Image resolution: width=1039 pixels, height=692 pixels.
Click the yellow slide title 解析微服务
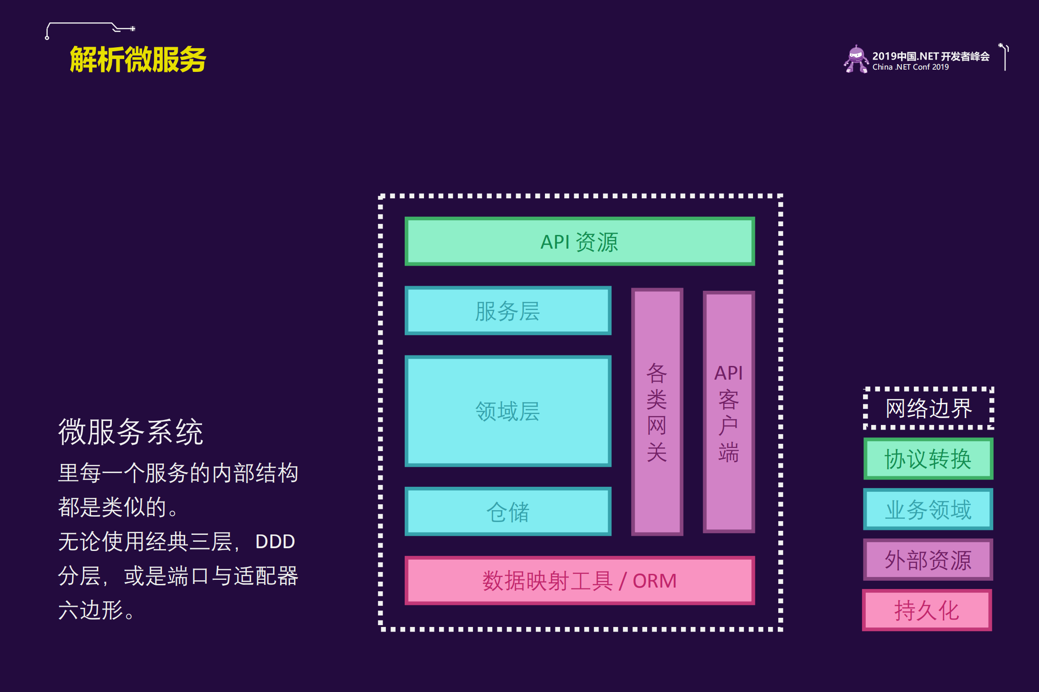pyautogui.click(x=138, y=60)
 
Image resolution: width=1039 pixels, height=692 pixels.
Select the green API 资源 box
pyautogui.click(x=579, y=241)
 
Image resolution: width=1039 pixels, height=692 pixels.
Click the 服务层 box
pyautogui.click(x=508, y=311)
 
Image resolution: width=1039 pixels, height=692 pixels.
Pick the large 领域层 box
pyautogui.click(x=508, y=411)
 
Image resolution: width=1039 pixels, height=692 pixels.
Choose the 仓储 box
pyautogui.click(x=508, y=512)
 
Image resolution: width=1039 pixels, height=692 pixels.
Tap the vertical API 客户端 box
pyautogui.click(x=729, y=412)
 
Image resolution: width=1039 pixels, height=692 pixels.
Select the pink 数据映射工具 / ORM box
pyautogui.click(x=579, y=581)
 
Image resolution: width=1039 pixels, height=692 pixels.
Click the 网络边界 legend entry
pyautogui.click(x=929, y=408)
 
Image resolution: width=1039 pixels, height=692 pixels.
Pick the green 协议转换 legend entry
pyautogui.click(x=928, y=459)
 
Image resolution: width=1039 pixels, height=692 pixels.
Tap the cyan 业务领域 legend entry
pyautogui.click(x=928, y=509)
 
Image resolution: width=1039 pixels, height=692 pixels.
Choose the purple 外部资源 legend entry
pyautogui.click(x=928, y=560)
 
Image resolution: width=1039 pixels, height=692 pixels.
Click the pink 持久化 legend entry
pyautogui.click(x=927, y=610)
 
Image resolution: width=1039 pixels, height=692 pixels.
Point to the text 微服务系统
pyautogui.click(x=131, y=431)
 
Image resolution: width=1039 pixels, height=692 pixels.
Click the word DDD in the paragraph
pyautogui.click(x=275, y=542)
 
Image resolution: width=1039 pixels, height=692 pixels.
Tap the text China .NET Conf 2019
pyautogui.click(x=910, y=67)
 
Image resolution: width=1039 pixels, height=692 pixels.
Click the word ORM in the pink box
pyautogui.click(x=654, y=581)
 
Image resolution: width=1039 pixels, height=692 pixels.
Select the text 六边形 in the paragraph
pyautogui.click(x=91, y=610)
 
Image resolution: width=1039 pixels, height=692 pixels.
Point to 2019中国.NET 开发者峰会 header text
pyautogui.click(x=930, y=56)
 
